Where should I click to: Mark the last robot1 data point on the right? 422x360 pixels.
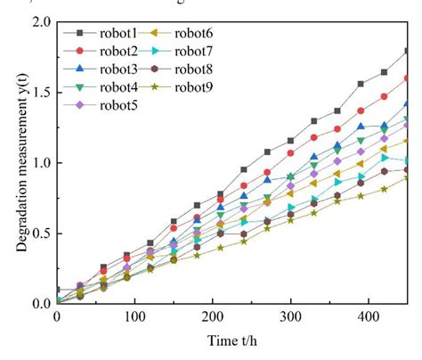tap(407, 51)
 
